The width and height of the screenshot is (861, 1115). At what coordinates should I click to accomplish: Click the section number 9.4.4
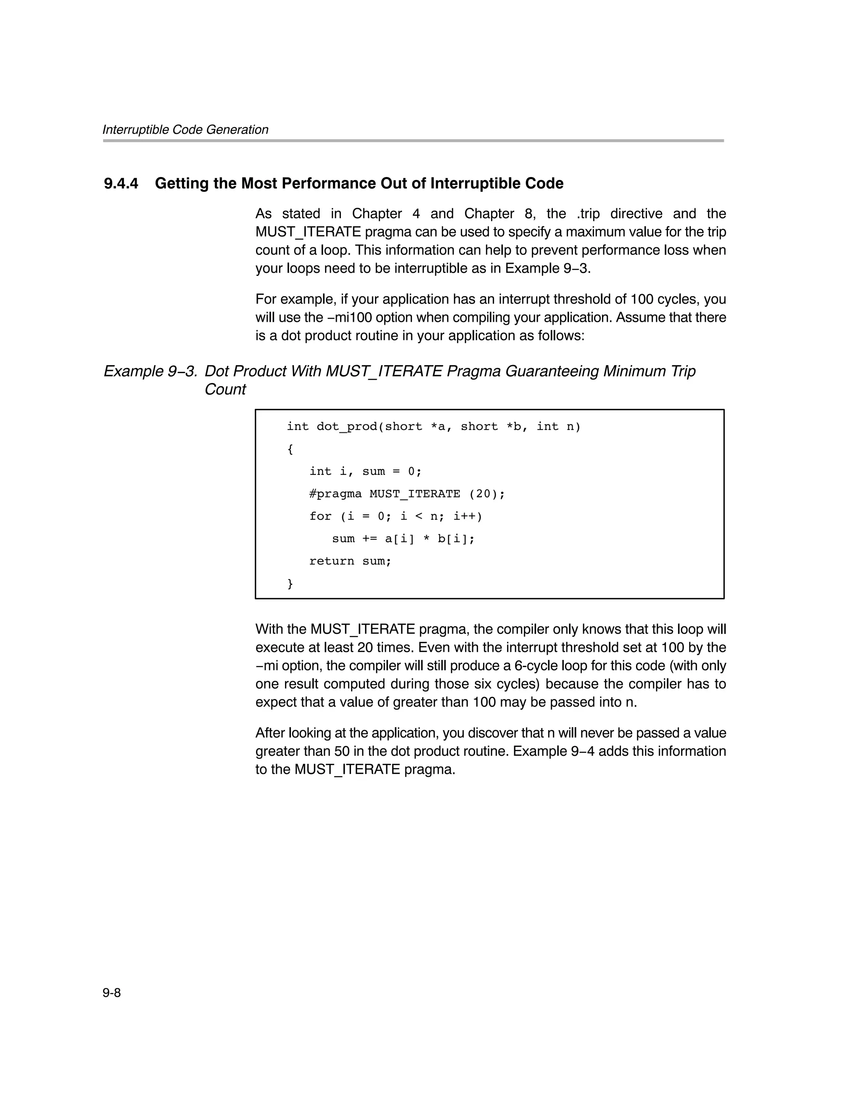pos(121,183)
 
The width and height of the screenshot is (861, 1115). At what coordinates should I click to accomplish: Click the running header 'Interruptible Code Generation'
pos(185,130)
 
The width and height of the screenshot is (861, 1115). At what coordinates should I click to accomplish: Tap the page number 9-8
pos(111,993)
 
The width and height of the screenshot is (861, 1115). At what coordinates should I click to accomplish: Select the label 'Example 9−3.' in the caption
pos(150,371)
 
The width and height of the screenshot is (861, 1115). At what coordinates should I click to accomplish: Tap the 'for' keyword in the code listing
pos(320,516)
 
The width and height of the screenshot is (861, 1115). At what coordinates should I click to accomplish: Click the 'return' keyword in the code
pos(331,561)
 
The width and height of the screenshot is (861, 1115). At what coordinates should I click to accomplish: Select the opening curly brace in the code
pos(290,449)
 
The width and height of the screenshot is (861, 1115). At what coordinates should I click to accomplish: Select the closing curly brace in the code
pos(290,583)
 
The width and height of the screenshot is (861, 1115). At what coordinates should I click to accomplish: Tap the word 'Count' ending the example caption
pos(225,389)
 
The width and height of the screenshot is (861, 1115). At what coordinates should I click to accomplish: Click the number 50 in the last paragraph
pos(341,752)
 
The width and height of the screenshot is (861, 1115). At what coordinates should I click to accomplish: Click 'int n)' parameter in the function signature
pos(558,426)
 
